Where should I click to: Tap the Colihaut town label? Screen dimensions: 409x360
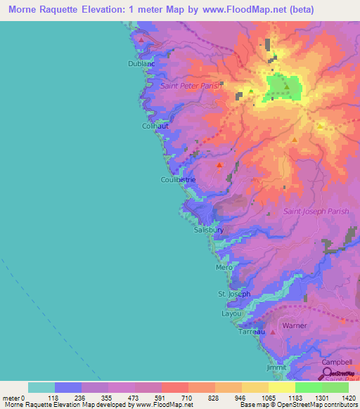pos(154,126)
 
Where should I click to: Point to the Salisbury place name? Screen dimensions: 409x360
pos(208,229)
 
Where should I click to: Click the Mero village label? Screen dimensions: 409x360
pos(224,268)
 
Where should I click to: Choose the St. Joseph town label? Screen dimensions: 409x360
pos(233,294)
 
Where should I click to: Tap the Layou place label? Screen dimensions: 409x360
pos(231,313)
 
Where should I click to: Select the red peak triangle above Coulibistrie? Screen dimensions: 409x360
pos(219,166)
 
